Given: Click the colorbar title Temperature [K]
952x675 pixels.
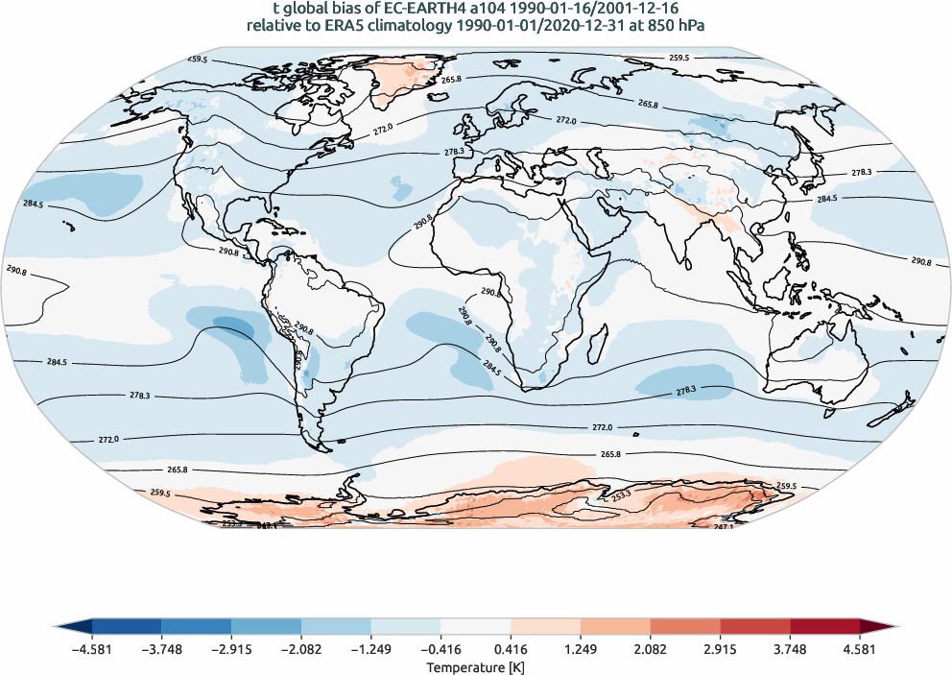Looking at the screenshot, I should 475,667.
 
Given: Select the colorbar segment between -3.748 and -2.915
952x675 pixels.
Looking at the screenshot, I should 196,628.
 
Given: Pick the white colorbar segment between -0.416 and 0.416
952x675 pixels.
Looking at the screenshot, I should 475,628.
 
